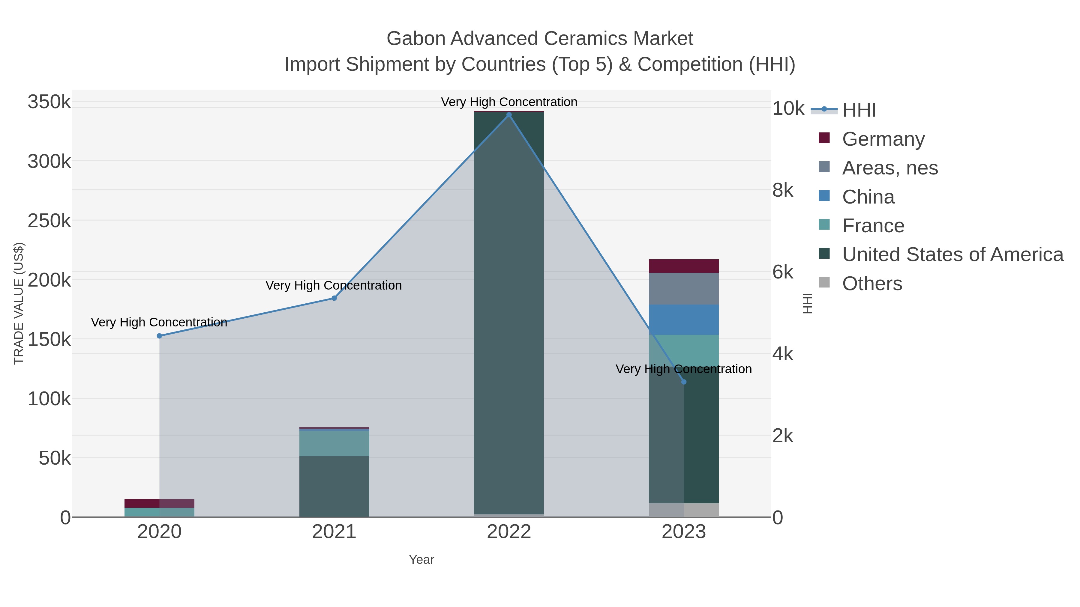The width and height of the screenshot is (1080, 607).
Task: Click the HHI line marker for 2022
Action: (x=509, y=115)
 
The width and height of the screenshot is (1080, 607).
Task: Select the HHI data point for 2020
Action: (x=159, y=336)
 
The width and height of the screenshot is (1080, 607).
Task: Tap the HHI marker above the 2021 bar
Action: (x=334, y=298)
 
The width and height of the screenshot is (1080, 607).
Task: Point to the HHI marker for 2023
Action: (x=684, y=382)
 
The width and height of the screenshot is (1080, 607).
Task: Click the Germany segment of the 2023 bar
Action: (x=684, y=266)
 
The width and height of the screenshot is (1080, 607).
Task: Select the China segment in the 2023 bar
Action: (x=684, y=320)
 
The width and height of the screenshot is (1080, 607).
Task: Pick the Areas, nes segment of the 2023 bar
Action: (x=684, y=289)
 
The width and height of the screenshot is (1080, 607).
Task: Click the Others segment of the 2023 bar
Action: (x=684, y=510)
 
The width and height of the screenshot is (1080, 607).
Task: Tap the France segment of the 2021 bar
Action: (x=334, y=443)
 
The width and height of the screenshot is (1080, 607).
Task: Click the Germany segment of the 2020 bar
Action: (x=159, y=503)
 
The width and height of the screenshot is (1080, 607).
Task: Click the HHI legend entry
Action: (x=859, y=110)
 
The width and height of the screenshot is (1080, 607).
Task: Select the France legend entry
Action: (x=873, y=226)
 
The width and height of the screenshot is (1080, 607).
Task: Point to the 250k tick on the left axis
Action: (x=49, y=221)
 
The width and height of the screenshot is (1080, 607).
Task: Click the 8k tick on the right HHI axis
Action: (x=783, y=191)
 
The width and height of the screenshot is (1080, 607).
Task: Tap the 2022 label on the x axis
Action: (x=509, y=532)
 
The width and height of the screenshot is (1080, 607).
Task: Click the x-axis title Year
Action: (x=421, y=560)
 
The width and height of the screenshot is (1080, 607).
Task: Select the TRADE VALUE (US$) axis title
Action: (x=19, y=303)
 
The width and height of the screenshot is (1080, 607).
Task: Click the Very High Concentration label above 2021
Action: (x=334, y=285)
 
